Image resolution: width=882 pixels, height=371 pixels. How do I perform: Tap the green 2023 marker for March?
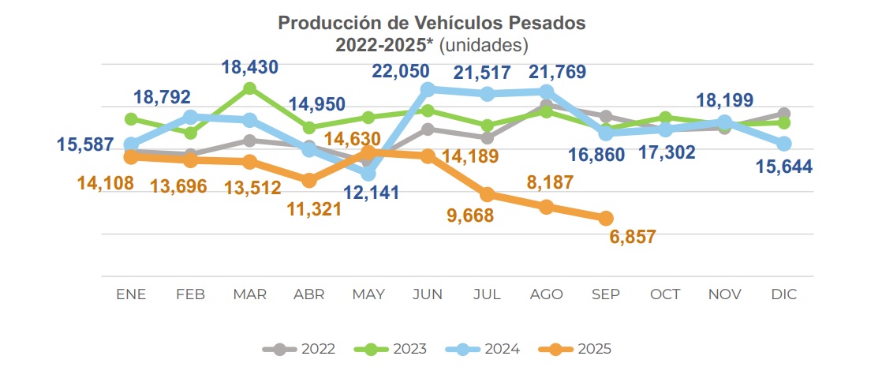pos(250,88)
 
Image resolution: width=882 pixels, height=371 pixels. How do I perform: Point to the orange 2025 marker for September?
pos(606,218)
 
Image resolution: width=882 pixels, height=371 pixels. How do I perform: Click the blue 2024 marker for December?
pos(783,144)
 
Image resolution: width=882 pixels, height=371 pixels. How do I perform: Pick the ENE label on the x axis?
pos(131,294)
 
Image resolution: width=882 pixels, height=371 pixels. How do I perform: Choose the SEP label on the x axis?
pos(606,294)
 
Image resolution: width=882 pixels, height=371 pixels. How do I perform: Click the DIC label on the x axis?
pos(783,294)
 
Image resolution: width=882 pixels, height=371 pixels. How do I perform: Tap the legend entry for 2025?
pos(574,348)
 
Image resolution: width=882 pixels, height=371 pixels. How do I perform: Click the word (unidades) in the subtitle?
pos(483,44)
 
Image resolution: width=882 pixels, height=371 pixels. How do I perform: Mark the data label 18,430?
pos(250,68)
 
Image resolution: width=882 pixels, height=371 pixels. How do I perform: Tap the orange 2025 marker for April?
pos(309,181)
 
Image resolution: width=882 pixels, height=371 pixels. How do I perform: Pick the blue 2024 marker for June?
pos(428,89)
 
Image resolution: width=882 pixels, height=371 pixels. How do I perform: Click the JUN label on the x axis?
pos(428,294)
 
